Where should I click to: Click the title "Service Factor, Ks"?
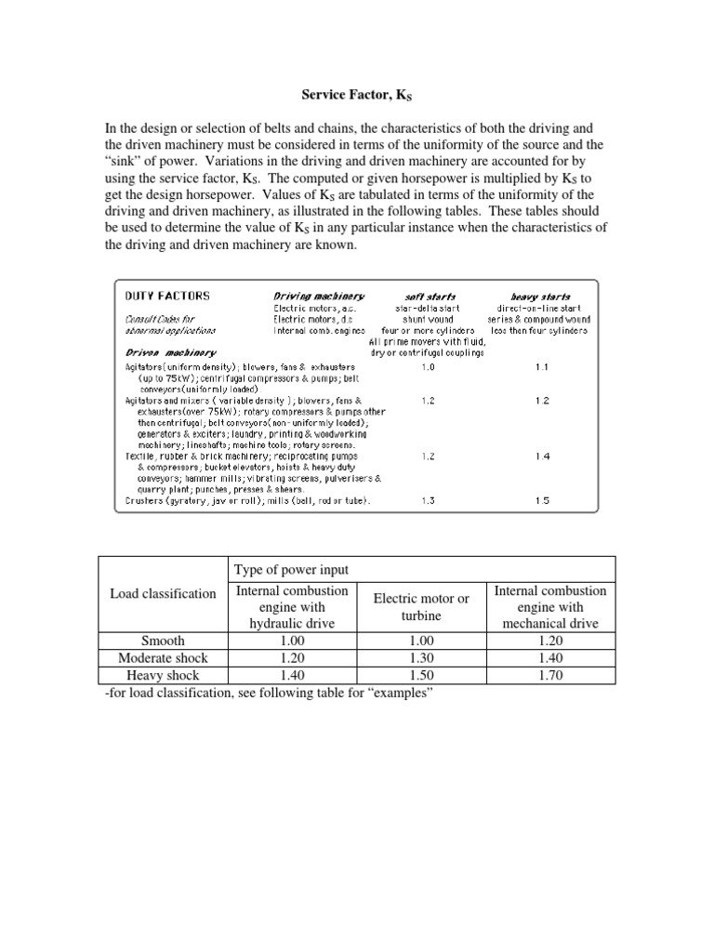pyautogui.click(x=357, y=94)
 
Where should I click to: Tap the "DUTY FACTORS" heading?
pyautogui.click(x=168, y=296)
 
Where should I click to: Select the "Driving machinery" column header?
pyautogui.click(x=319, y=296)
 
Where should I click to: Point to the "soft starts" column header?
pyautogui.click(x=429, y=296)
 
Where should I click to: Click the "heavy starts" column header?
pyautogui.click(x=541, y=296)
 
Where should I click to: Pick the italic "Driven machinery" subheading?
pyautogui.click(x=171, y=352)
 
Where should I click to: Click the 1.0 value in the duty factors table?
pyautogui.click(x=429, y=366)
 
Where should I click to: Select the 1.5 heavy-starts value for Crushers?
pyautogui.click(x=542, y=500)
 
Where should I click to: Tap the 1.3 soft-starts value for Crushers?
pyautogui.click(x=429, y=500)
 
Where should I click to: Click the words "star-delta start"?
pyautogui.click(x=429, y=308)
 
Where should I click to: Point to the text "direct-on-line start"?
pyautogui.click(x=541, y=308)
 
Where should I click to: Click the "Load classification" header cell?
pyautogui.click(x=163, y=593)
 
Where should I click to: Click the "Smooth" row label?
pyautogui.click(x=163, y=641)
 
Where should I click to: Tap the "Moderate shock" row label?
pyautogui.click(x=163, y=658)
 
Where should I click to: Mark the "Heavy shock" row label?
pyautogui.click(x=163, y=676)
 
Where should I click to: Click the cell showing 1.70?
pyautogui.click(x=550, y=676)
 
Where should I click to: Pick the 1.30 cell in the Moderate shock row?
pyautogui.click(x=421, y=658)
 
